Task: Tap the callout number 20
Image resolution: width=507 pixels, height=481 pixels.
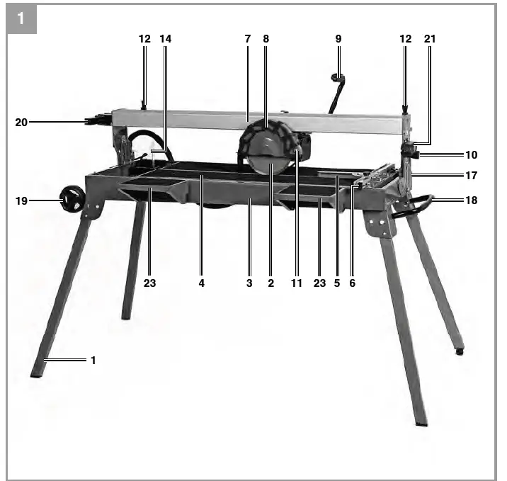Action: pos(21,122)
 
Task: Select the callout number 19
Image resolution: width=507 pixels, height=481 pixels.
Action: pos(21,201)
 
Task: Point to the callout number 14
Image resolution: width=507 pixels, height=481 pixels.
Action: pos(166,39)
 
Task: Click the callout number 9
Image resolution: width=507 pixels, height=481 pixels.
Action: pos(338,39)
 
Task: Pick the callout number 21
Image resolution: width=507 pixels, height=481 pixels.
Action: pos(431,39)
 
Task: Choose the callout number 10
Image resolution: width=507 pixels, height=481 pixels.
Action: pos(472,154)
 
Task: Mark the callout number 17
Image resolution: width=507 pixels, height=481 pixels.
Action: pos(472,175)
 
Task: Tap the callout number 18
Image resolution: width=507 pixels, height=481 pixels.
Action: pos(472,200)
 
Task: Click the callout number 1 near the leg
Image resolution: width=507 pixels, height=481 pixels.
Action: pos(93,360)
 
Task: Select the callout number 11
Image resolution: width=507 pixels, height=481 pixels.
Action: pos(297,283)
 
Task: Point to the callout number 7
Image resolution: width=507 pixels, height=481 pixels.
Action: pos(248,39)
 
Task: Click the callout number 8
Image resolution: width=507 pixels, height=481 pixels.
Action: pos(266,39)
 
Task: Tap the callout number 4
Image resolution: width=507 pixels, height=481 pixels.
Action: pos(201,283)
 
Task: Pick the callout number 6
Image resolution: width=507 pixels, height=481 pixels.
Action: pos(352,283)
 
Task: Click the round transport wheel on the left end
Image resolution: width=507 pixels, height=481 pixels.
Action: pos(72,199)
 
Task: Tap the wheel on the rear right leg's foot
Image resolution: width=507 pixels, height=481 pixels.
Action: pos(460,351)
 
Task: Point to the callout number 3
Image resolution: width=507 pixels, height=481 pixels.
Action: pos(249,283)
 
